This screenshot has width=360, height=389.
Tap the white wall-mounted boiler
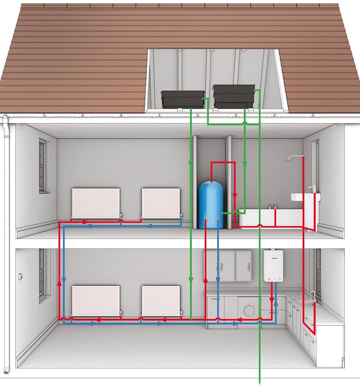(273, 265)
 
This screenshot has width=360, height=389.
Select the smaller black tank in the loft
(183, 99)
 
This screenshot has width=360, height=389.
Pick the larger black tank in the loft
(234, 96)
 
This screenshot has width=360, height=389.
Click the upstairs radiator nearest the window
(96, 203)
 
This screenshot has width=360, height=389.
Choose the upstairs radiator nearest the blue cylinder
(161, 203)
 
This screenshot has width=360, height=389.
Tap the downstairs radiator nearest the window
(96, 301)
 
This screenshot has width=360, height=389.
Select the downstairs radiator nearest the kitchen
(161, 301)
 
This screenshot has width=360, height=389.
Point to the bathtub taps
(272, 206)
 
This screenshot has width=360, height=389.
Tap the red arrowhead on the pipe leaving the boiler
(271, 299)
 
